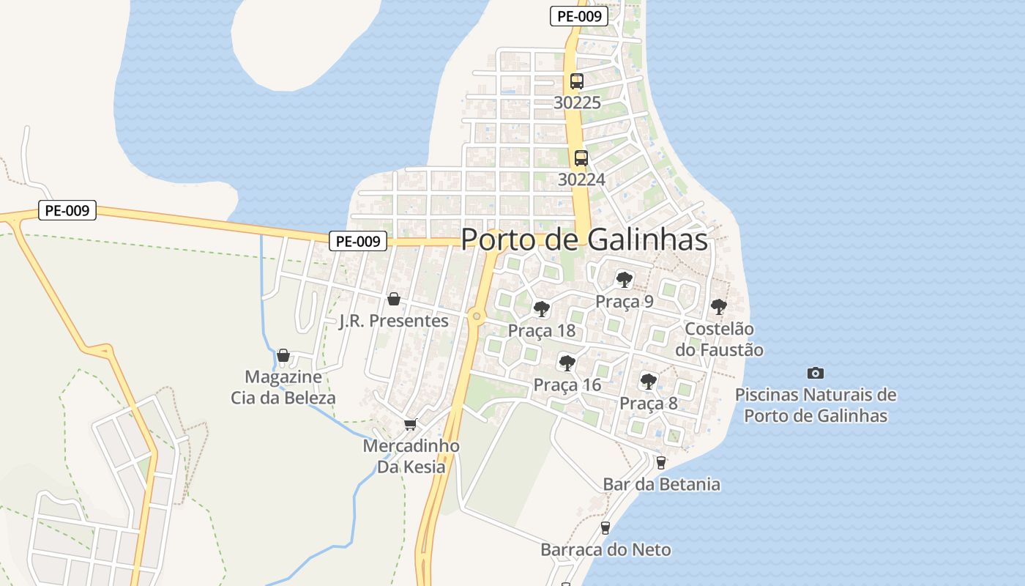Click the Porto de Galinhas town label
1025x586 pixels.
pyautogui.click(x=584, y=240)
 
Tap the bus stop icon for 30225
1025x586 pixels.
pyautogui.click(x=577, y=81)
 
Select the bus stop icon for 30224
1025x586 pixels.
pyautogui.click(x=581, y=157)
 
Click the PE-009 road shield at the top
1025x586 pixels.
pyautogui.click(x=578, y=16)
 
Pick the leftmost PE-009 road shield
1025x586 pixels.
pyautogui.click(x=67, y=211)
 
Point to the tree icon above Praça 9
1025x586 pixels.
pyautogui.click(x=624, y=279)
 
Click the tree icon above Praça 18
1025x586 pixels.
pyautogui.click(x=542, y=308)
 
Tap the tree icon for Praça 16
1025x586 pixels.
pyautogui.click(x=567, y=363)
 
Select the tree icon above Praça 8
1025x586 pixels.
pyautogui.click(x=648, y=381)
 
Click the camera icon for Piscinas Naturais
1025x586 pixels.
pyautogui.click(x=815, y=373)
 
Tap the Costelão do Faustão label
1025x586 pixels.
pyautogui.click(x=723, y=340)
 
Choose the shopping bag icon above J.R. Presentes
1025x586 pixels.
pyautogui.click(x=394, y=299)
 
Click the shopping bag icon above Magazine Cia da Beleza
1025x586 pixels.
pyautogui.click(x=283, y=355)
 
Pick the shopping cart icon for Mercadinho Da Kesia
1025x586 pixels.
pyautogui.click(x=411, y=424)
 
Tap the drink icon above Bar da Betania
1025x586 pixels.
pyautogui.click(x=661, y=462)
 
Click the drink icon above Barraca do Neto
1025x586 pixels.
pyautogui.click(x=605, y=527)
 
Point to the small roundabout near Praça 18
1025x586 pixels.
pyautogui.click(x=477, y=316)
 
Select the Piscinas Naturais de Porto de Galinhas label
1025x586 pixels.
pyautogui.click(x=816, y=405)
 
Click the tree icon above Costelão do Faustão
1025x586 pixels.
pyautogui.click(x=719, y=306)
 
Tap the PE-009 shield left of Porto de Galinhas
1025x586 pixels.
pyautogui.click(x=357, y=241)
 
